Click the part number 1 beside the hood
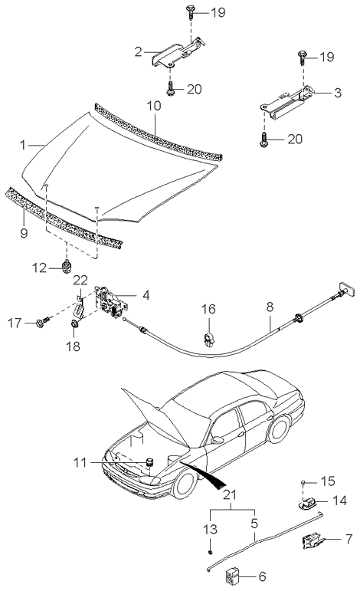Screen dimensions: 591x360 (x=25, y=143)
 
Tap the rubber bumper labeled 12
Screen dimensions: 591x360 (x=67, y=268)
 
